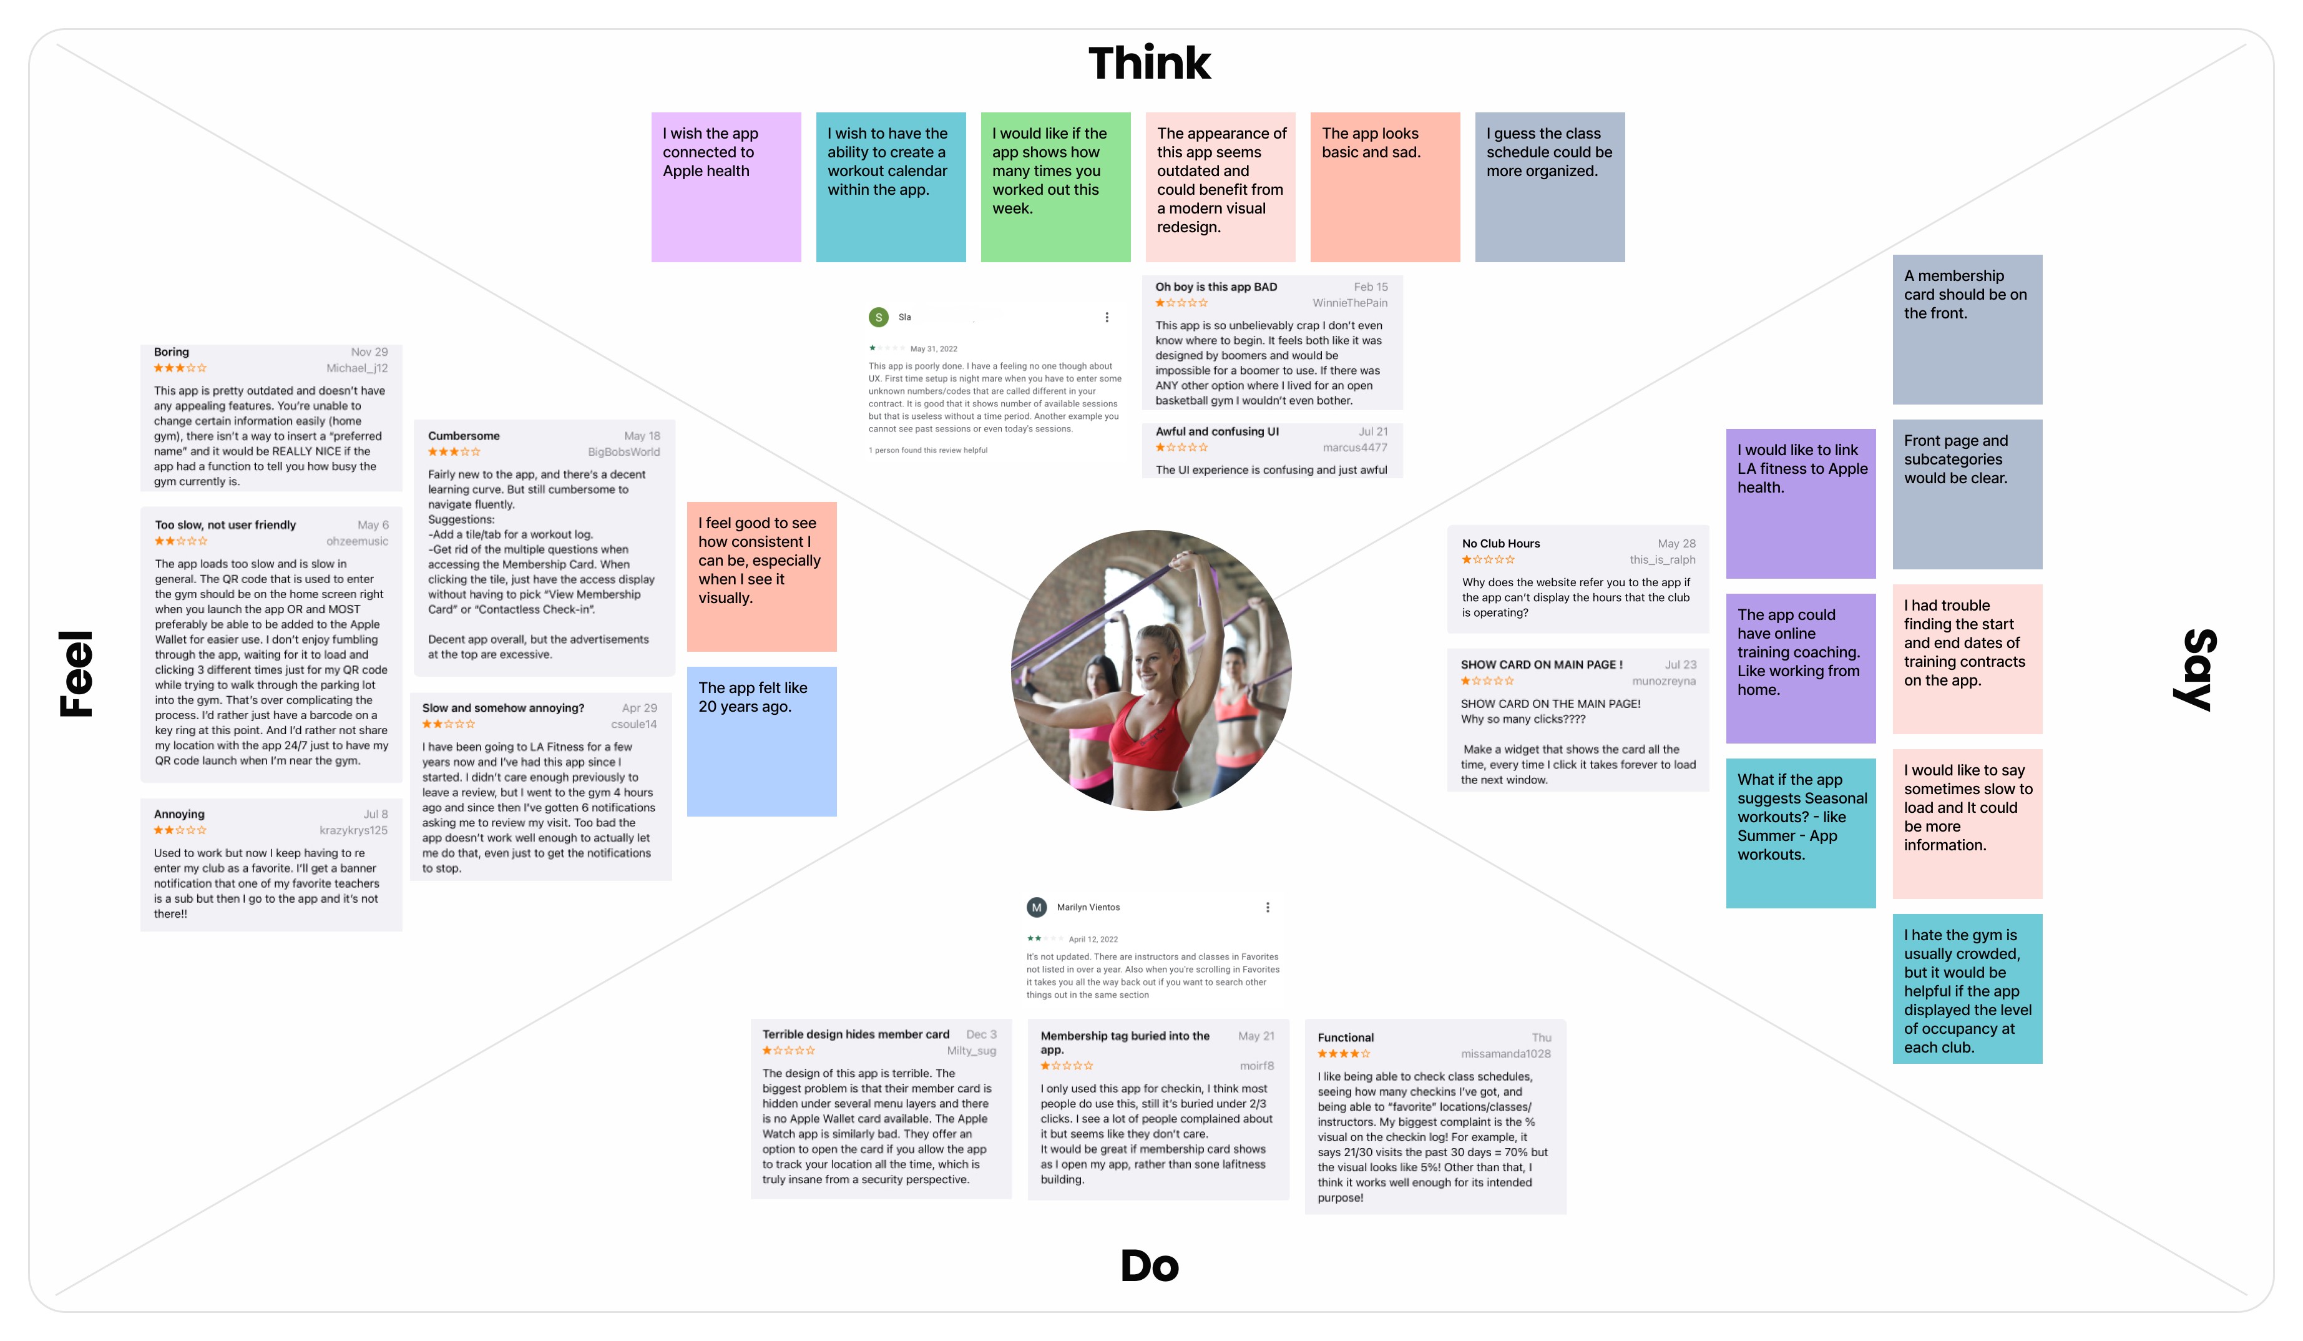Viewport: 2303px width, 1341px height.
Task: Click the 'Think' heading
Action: pos(1149,64)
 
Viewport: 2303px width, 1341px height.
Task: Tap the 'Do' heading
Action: pos(1150,1266)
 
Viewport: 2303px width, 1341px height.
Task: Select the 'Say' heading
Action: pos(2193,669)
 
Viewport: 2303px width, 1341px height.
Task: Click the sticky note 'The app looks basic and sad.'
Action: pos(1384,187)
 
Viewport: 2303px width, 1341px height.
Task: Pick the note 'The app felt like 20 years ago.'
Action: pos(761,740)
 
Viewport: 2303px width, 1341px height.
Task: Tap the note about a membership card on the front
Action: pos(1967,329)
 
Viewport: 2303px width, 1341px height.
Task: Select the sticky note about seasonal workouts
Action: pos(1801,833)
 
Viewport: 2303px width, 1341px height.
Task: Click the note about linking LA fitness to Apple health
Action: pos(1801,503)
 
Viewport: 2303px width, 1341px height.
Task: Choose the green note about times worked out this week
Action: pos(1055,187)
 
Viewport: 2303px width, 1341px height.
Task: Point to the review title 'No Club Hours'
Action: pos(1500,544)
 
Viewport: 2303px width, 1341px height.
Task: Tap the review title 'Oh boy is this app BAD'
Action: pos(1216,287)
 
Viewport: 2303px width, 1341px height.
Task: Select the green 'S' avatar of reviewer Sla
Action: pos(878,317)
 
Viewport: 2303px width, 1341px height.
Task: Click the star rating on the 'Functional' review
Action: pos(1342,1054)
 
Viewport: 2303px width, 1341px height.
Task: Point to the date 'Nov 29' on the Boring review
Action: pos(369,352)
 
